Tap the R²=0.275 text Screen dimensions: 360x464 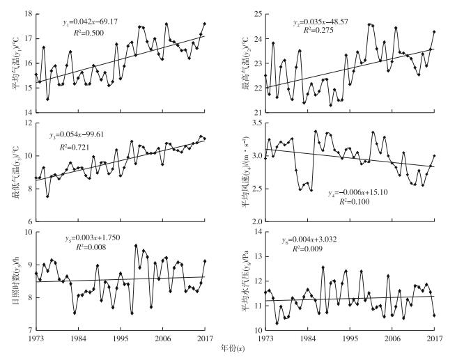pos(313,33)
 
